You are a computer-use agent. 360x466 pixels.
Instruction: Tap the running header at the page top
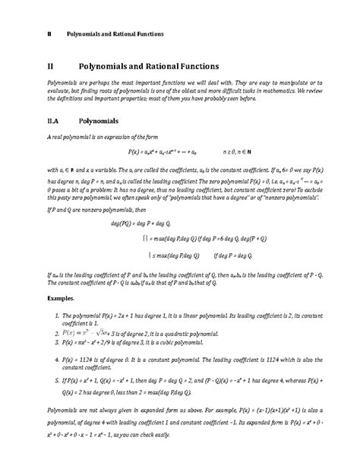coord(114,34)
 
